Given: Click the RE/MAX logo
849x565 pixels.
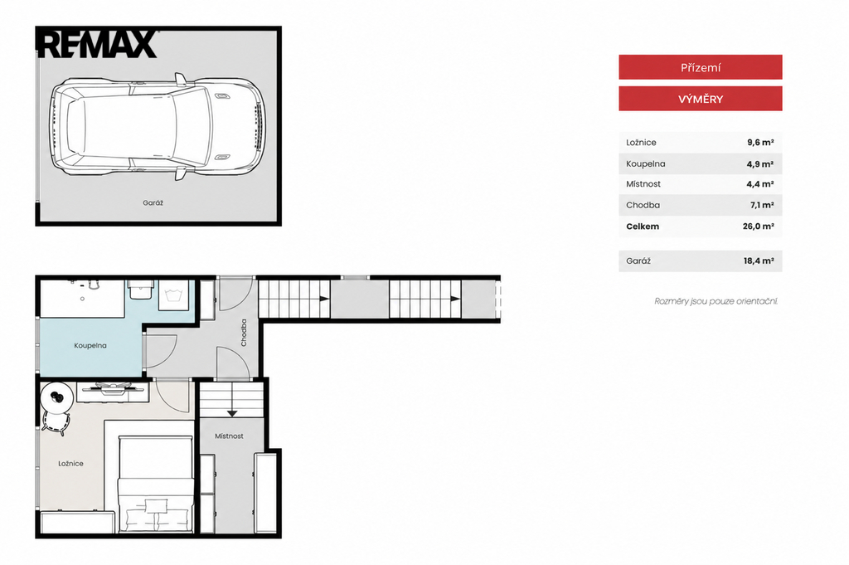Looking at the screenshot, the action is (98, 45).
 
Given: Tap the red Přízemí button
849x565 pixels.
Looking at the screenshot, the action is (700, 68).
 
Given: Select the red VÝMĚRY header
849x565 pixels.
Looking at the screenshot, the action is (700, 99).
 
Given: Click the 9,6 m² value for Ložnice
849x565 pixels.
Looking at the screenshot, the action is (760, 143).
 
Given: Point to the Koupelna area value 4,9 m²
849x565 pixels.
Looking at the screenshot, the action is (760, 163).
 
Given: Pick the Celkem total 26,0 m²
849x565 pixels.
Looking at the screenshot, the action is (758, 226).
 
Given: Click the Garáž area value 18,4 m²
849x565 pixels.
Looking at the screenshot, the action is (759, 261).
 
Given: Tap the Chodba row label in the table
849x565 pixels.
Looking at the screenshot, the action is (643, 205).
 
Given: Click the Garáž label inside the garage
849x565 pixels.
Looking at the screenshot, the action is (153, 202).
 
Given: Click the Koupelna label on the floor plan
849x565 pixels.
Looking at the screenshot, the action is (90, 346).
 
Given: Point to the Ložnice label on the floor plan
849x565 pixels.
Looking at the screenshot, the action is (71, 464).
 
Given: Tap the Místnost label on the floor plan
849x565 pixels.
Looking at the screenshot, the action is (229, 436).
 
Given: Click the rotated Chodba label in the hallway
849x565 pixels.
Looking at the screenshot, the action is (244, 333).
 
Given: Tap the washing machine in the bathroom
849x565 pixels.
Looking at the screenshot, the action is (174, 295).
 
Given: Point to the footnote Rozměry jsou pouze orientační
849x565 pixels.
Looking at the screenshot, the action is (716, 301).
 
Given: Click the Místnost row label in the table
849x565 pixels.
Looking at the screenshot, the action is (643, 184).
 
